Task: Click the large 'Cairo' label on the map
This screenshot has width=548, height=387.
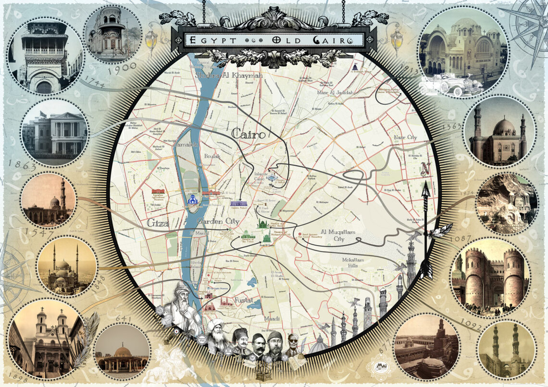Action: click(249, 134)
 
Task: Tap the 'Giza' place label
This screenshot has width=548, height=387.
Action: click(158, 224)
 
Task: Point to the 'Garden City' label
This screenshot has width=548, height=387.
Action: click(218, 221)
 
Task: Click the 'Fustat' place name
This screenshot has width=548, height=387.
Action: click(243, 300)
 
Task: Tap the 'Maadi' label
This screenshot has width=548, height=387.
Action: click(272, 318)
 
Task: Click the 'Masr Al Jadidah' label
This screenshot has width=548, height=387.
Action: click(335, 92)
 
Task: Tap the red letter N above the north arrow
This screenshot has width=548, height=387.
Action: click(425, 169)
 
